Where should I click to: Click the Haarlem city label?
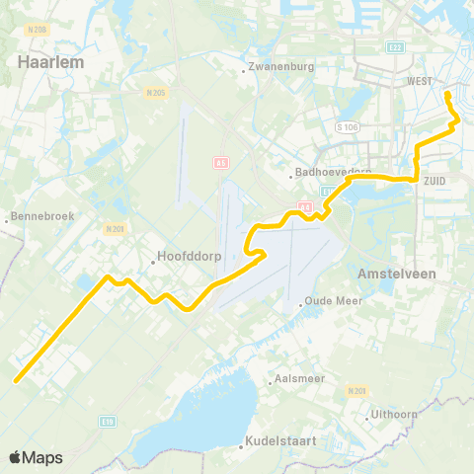point(49,61)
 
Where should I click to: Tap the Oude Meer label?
point(330,303)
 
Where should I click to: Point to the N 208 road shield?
point(38,30)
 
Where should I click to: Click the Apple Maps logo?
point(36,457)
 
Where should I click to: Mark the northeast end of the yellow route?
point(447,94)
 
